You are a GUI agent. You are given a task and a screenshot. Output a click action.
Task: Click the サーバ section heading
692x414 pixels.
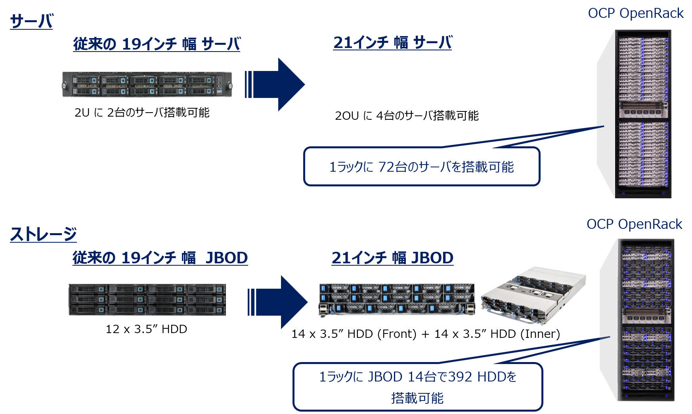pyautogui.click(x=31, y=21)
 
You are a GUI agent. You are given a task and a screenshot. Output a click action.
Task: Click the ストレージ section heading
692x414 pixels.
pyautogui.click(x=43, y=234)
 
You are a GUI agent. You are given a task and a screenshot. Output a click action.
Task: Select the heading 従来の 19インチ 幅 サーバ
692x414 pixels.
pyautogui.click(x=157, y=44)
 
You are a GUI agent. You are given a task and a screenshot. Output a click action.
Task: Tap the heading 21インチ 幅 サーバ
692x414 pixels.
pyautogui.click(x=392, y=42)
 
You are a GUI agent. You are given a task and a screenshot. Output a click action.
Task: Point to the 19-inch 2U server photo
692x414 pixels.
pyautogui.click(x=147, y=84)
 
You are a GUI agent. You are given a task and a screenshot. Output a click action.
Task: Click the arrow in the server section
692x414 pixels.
pyautogui.click(x=275, y=84)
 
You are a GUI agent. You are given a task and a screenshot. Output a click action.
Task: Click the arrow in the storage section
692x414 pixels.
pyautogui.click(x=277, y=302)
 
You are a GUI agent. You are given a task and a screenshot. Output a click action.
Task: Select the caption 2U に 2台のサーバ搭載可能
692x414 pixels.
pyautogui.click(x=142, y=113)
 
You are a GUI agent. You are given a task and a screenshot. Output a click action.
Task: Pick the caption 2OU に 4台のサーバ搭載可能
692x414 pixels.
pyautogui.click(x=407, y=115)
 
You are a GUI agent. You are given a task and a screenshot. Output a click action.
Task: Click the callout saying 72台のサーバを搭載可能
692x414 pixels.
pyautogui.click(x=422, y=167)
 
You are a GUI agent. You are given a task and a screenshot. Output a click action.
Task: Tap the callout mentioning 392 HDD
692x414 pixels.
pyautogui.click(x=418, y=387)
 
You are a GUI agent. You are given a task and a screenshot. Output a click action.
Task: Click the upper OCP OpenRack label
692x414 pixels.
pyautogui.click(x=636, y=13)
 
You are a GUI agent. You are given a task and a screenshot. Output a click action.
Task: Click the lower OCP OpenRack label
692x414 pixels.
pyautogui.click(x=635, y=224)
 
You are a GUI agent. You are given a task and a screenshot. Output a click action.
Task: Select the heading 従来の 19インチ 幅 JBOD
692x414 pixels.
pyautogui.click(x=160, y=258)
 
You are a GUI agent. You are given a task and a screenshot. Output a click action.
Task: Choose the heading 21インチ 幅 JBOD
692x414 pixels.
pyautogui.click(x=392, y=258)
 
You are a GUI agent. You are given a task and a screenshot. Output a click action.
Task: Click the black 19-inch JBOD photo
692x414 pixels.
pyautogui.click(x=147, y=300)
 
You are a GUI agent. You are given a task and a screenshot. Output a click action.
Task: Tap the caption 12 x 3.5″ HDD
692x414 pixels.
pyautogui.click(x=146, y=329)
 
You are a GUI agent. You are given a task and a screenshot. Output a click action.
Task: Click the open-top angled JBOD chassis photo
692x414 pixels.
pyautogui.click(x=533, y=295)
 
